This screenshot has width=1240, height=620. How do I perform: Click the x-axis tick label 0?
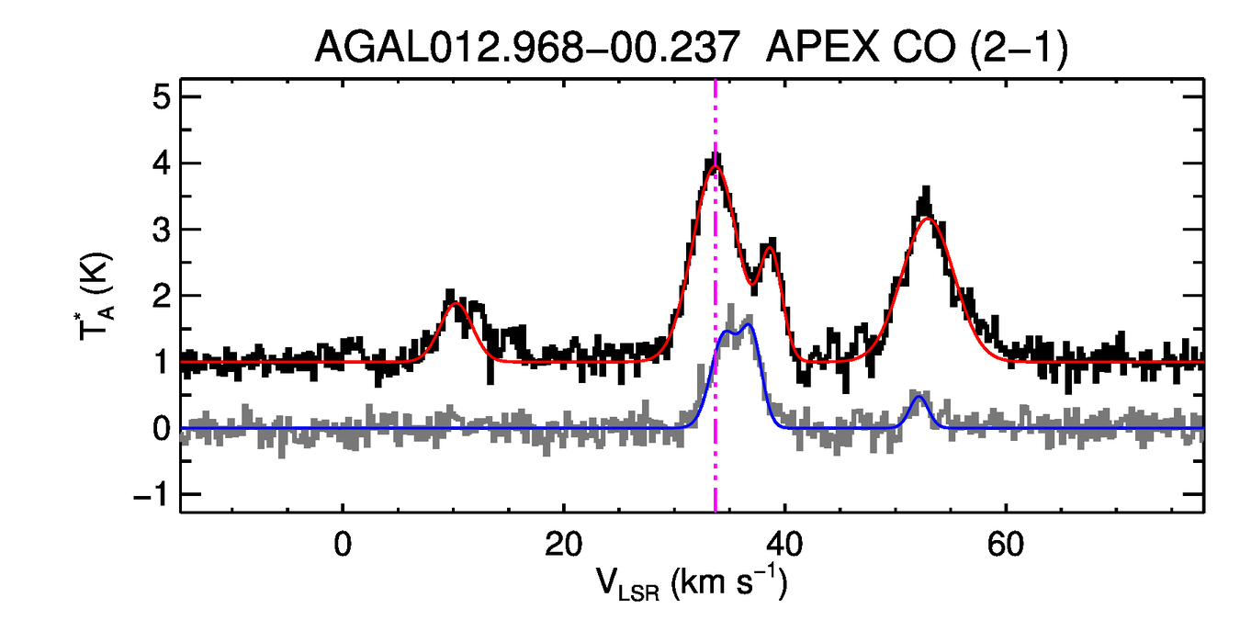pos(342,546)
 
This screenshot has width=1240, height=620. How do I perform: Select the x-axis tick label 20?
pos(562,546)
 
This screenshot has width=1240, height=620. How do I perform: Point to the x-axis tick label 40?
pos(783,546)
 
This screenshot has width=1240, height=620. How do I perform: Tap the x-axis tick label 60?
pos(1006,546)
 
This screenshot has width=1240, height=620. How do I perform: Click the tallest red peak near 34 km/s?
pos(716,167)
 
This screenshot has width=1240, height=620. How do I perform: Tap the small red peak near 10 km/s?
pos(454,303)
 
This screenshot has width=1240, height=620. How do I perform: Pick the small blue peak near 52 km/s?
pos(919,397)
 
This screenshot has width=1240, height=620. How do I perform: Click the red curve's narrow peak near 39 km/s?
pos(770,248)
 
